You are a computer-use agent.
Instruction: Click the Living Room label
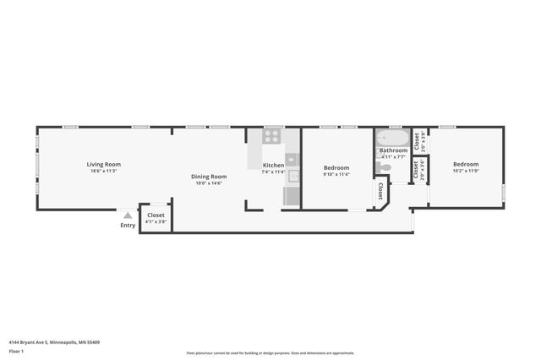(103, 164)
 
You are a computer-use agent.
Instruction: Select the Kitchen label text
(273, 165)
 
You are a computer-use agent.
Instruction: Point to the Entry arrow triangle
(128, 215)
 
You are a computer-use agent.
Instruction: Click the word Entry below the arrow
(128, 225)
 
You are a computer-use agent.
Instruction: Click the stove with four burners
(272, 135)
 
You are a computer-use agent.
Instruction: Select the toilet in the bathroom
(385, 166)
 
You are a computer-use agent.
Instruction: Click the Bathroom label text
(393, 150)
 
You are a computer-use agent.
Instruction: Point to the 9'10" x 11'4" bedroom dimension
(336, 175)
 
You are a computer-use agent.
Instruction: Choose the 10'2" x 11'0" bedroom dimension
(465, 172)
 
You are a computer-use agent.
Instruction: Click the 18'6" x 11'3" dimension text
(103, 172)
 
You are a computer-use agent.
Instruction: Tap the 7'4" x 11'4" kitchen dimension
(273, 172)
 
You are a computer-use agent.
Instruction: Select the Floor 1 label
(16, 350)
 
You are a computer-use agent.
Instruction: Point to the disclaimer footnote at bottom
(270, 353)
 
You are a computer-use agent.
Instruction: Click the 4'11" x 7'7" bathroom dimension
(393, 157)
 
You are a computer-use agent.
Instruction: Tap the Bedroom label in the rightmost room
(465, 164)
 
